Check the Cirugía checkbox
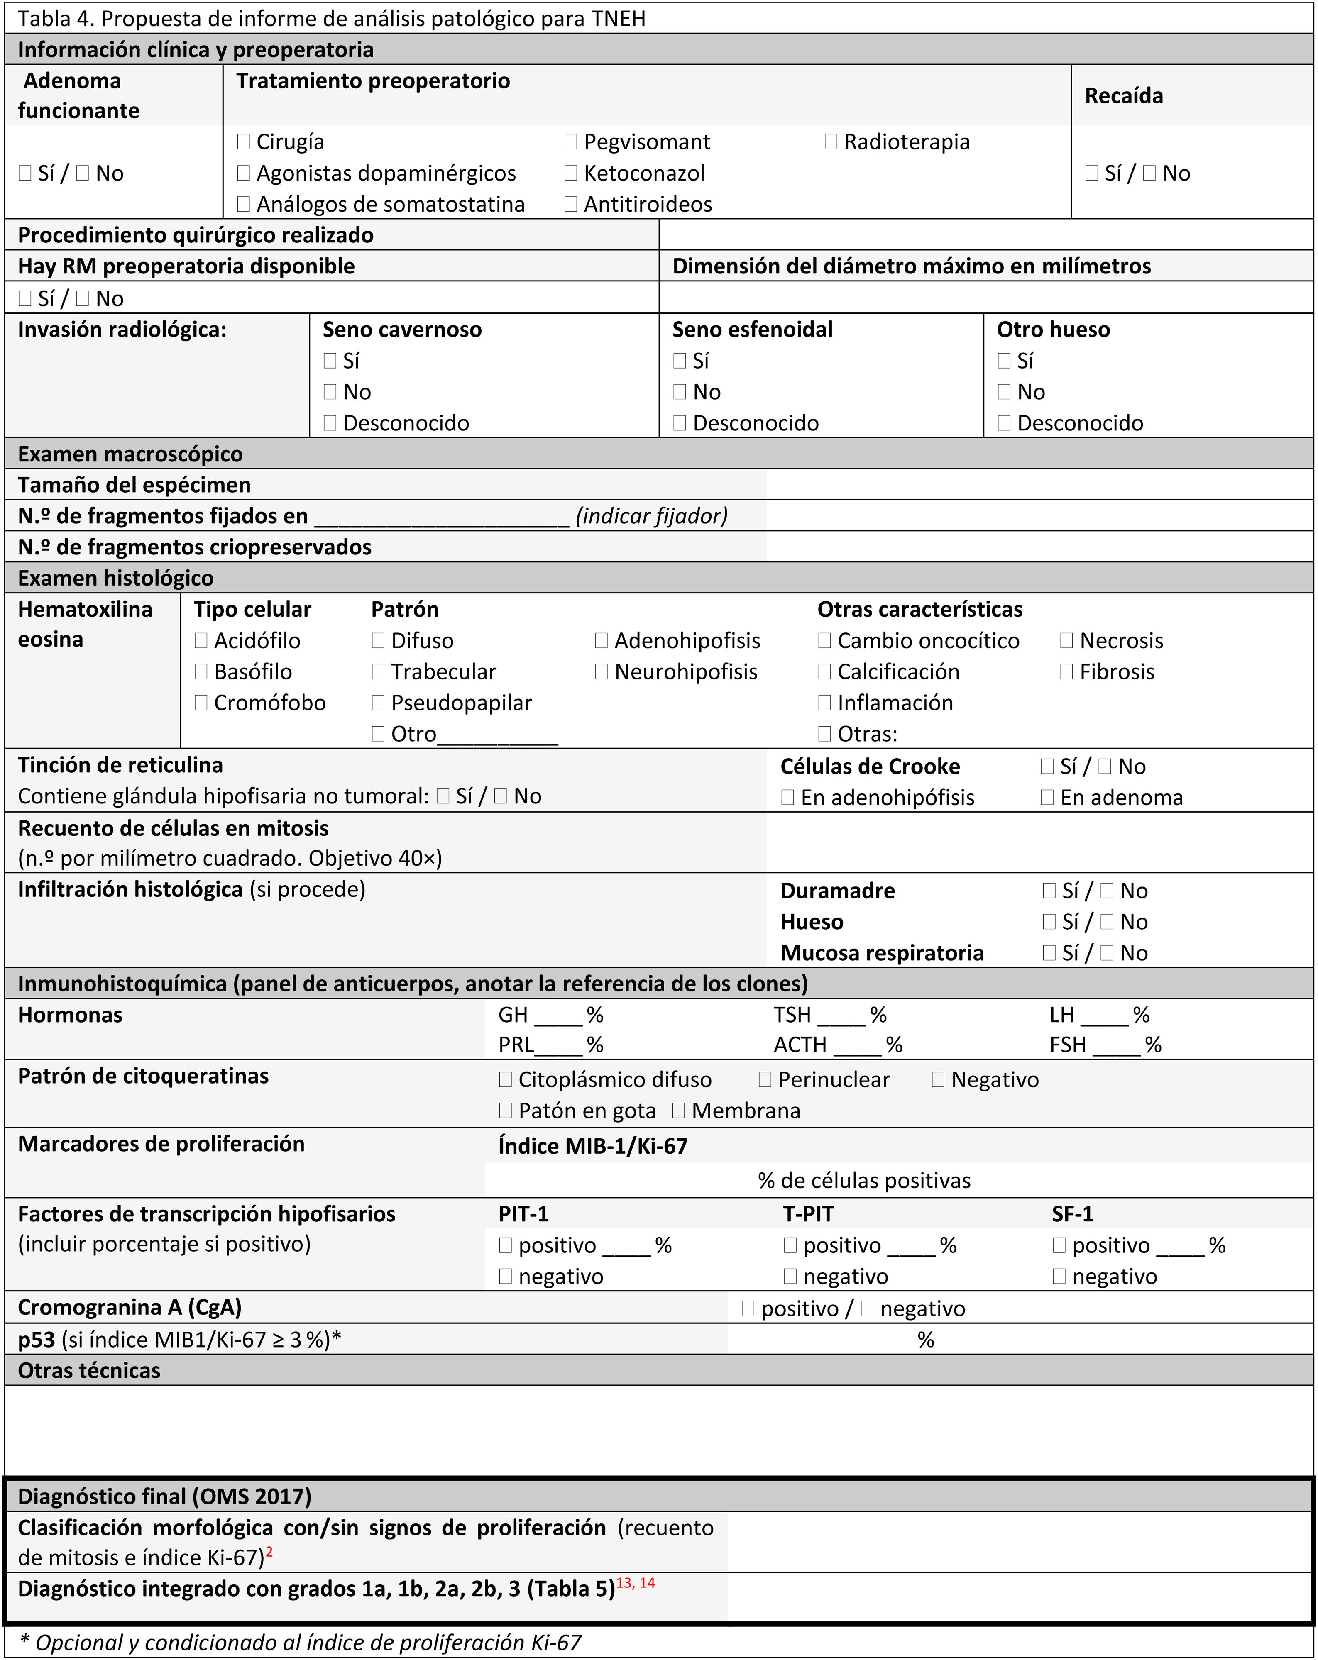[243, 142]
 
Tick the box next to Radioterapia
[830, 142]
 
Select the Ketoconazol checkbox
[571, 173]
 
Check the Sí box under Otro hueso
[1004, 360]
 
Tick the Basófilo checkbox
[201, 671]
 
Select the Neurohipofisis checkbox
[602, 671]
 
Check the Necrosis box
[1067, 641]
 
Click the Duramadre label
[837, 891]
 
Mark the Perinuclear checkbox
[765, 1079]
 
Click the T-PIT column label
[808, 1214]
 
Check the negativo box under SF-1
[1059, 1277]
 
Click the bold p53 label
[36, 1340]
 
